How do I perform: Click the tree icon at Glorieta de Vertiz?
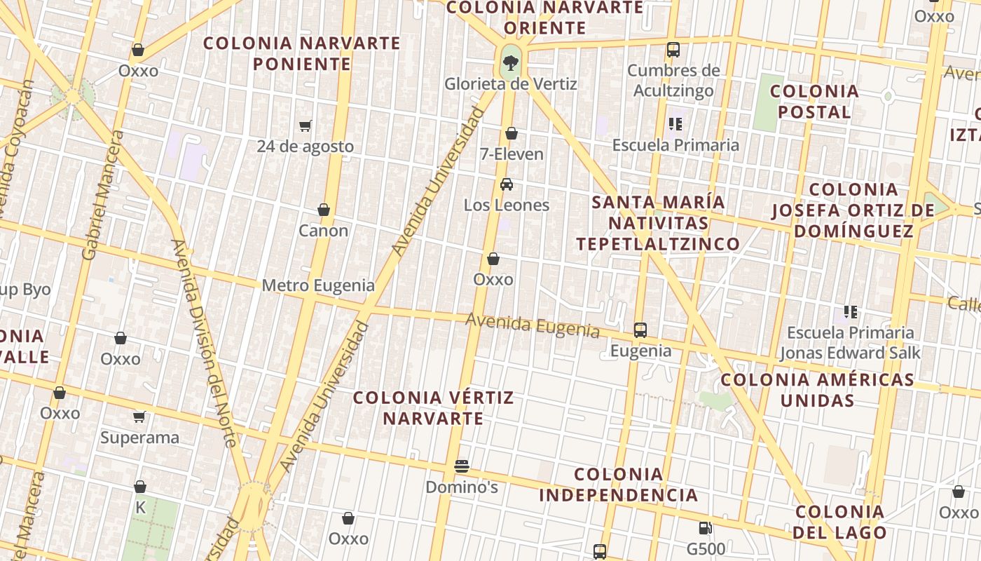coord(511,63)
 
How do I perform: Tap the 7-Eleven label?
coord(512,154)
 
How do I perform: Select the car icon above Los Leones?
coord(507,184)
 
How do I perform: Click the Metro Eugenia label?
coord(318,285)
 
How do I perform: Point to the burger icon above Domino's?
coord(461,466)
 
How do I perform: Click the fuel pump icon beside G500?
coord(705,528)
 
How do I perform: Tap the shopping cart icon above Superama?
coord(139,417)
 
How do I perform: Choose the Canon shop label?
coord(323,231)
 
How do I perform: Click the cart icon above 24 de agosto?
coord(305,126)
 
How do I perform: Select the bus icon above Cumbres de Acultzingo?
coord(673,50)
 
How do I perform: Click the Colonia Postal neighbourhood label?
coord(814,102)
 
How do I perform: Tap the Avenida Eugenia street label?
coord(533,325)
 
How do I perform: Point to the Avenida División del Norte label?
coord(203,344)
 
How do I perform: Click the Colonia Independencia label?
coord(619,485)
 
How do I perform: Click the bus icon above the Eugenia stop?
coord(640,330)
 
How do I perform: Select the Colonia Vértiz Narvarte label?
coord(433,408)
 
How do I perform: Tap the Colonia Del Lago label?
coord(839,522)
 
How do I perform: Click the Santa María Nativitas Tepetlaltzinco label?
coord(658,223)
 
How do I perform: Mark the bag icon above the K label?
coord(140,487)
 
